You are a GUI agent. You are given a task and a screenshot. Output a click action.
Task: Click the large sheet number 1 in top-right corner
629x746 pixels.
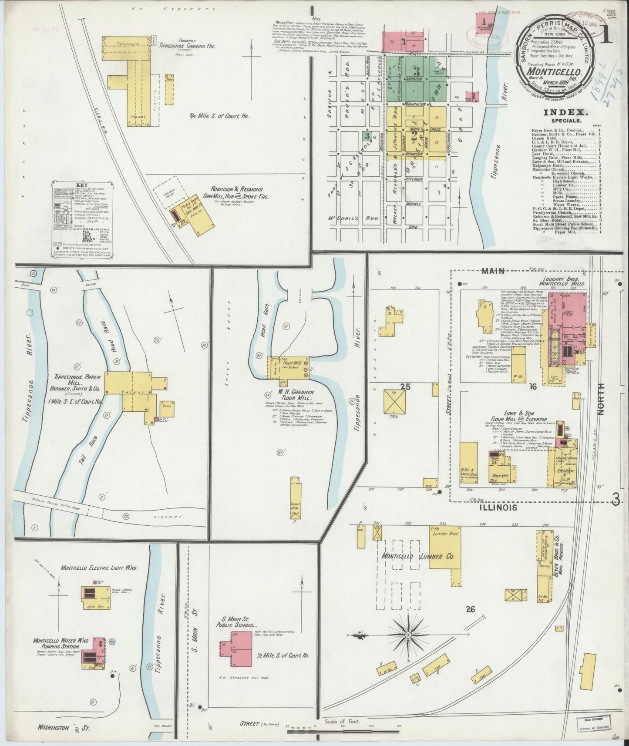click(x=605, y=35)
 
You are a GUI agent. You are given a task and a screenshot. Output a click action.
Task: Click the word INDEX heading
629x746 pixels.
click(x=565, y=112)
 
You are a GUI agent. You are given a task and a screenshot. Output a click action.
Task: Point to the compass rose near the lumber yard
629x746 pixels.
click(x=409, y=635)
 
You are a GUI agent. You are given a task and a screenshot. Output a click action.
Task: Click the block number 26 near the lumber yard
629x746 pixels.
click(x=470, y=609)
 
